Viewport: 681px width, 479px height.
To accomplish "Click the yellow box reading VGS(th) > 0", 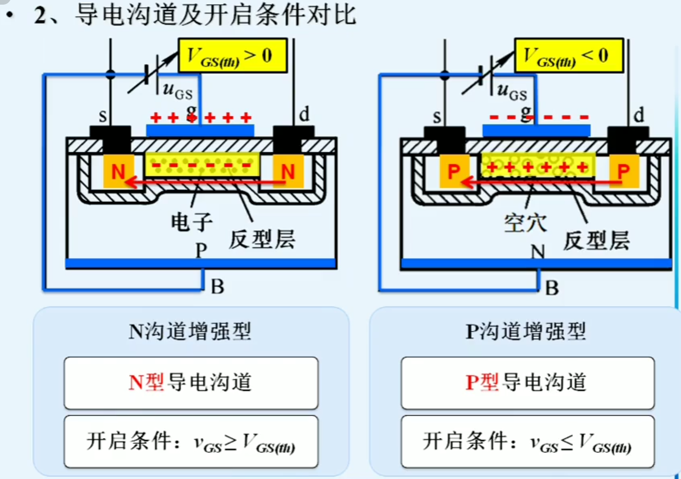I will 232,56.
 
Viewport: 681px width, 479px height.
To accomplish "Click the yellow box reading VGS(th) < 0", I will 568,56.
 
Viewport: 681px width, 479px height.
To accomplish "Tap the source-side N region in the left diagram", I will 118,171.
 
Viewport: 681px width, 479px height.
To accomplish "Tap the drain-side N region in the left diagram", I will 288,171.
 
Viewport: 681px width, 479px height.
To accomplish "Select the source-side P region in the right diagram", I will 454,171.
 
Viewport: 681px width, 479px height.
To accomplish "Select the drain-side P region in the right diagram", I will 623,171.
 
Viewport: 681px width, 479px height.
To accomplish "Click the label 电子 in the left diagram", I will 192,222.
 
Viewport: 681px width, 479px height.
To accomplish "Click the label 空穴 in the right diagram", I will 525,223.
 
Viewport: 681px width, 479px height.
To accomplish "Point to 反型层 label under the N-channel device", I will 261,240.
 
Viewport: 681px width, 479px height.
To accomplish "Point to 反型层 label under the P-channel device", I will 596,241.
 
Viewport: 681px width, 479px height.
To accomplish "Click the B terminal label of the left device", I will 217,287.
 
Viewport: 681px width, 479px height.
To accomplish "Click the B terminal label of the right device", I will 552,288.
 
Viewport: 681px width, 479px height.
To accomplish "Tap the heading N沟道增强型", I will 190,331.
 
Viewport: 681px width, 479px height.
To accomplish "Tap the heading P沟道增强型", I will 525,331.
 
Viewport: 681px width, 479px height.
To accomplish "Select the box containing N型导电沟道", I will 191,383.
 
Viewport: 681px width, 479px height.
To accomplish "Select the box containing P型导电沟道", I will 528,383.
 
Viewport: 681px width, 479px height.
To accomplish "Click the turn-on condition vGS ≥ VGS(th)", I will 191,442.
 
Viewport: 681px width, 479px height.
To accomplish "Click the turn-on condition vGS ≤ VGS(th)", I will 528,442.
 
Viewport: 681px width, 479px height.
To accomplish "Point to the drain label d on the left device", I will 304,114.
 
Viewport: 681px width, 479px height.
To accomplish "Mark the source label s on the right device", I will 437,116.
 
